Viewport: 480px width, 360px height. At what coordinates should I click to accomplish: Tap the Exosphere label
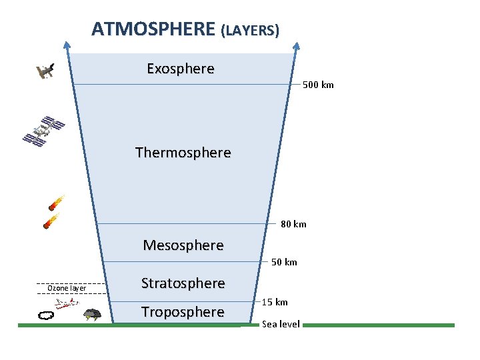pos(181,69)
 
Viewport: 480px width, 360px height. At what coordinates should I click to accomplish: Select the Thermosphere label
pos(183,153)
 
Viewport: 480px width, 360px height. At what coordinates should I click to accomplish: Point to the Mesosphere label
pos(183,245)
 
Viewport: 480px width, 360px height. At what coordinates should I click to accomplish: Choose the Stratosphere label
pos(183,283)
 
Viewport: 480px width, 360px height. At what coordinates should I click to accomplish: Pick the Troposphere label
pos(183,312)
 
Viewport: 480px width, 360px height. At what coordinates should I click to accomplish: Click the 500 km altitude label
pos(318,85)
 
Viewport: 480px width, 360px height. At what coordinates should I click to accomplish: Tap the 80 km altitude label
pos(293,224)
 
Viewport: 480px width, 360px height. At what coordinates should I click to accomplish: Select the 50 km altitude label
pos(284,262)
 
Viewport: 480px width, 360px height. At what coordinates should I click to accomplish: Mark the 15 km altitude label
pos(275,302)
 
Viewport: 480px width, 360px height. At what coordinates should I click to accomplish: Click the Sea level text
pos(281,324)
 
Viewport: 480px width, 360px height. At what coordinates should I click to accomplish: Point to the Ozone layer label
pos(67,288)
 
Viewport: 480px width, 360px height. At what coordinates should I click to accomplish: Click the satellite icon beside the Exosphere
pos(45,70)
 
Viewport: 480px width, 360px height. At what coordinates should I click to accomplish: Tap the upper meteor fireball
pos(57,203)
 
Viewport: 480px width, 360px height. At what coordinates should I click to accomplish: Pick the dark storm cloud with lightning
pos(91,314)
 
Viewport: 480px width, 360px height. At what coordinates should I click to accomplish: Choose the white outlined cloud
pos(46,315)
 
